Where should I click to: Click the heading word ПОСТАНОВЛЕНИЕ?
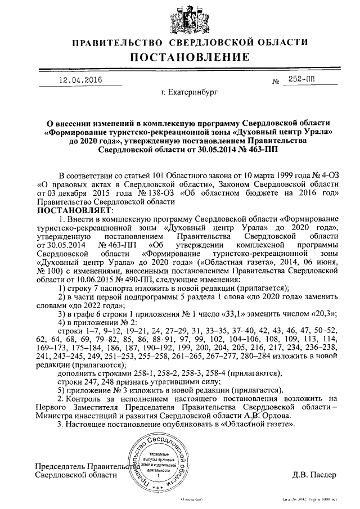pyautogui.click(x=181, y=57)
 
